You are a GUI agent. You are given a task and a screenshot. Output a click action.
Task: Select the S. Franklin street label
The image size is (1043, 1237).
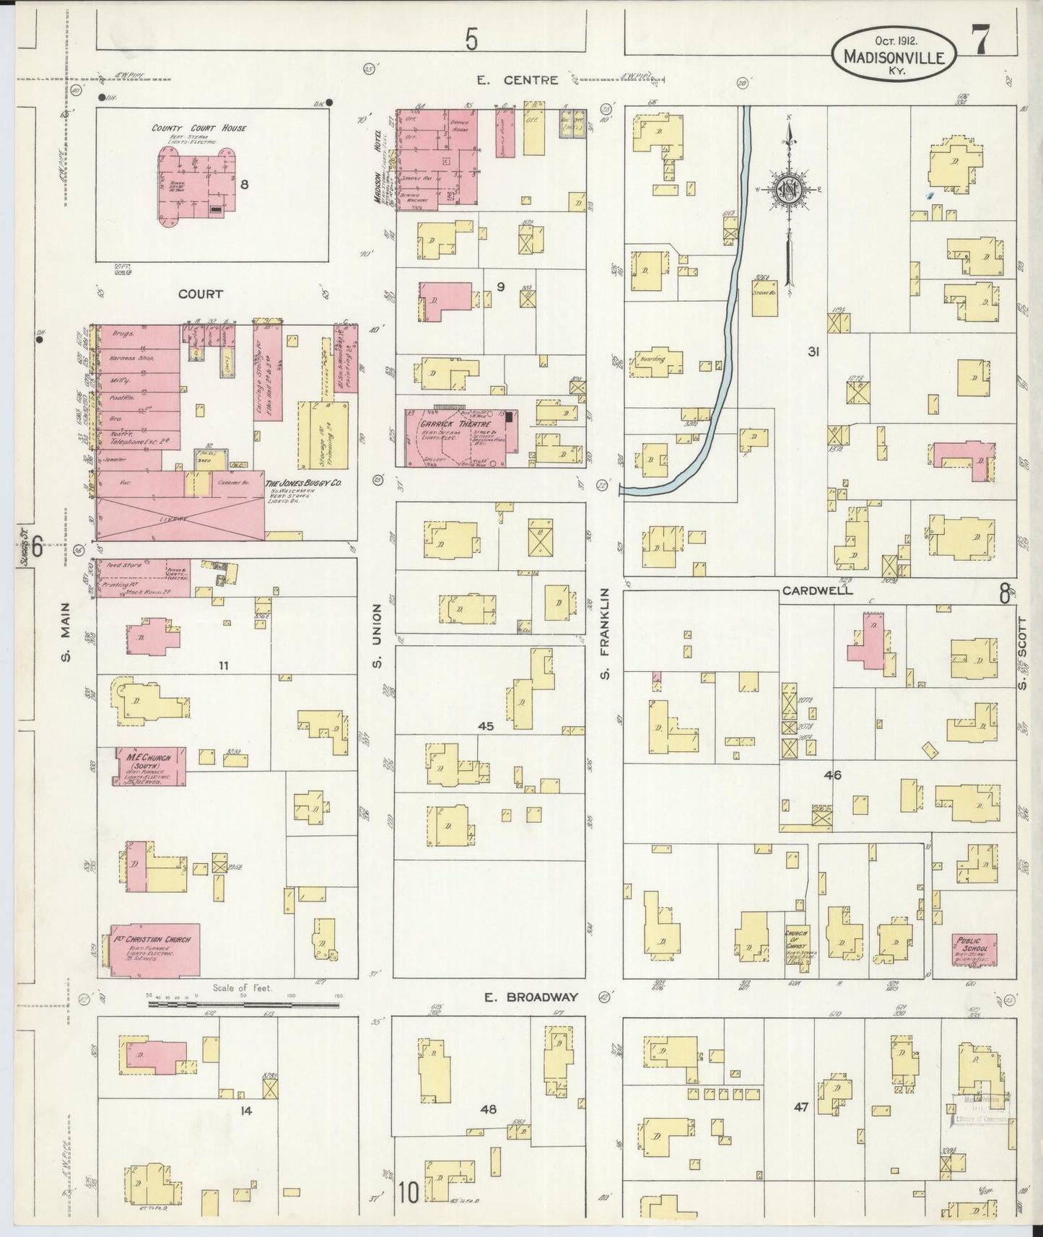pyautogui.click(x=605, y=633)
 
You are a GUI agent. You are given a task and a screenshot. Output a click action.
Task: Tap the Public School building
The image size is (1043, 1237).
pyautogui.click(x=974, y=950)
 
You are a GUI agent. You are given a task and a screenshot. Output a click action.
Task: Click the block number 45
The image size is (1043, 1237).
pyautogui.click(x=485, y=726)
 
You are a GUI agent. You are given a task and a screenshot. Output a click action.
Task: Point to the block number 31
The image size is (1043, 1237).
pyautogui.click(x=813, y=352)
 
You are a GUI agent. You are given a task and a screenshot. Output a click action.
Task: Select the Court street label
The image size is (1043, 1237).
pyautogui.click(x=201, y=294)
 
